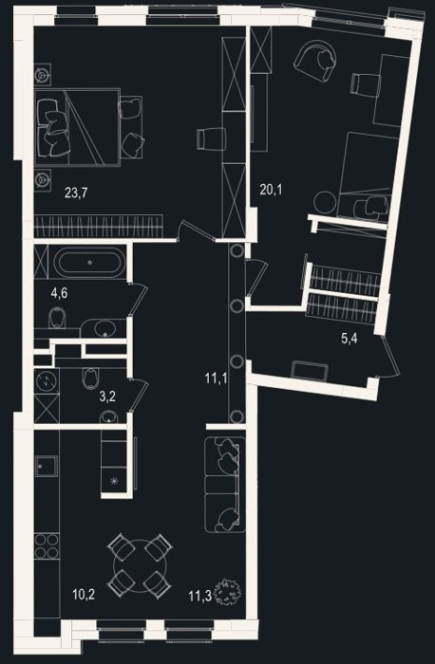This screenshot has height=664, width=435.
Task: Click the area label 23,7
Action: point(76,194)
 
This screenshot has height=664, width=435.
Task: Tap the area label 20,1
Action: point(271,190)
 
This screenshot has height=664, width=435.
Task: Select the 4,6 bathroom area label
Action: point(59,292)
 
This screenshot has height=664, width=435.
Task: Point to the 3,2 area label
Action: point(107,397)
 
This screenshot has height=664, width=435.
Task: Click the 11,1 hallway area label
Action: point(216,378)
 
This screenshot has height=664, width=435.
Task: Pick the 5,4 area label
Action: point(349,339)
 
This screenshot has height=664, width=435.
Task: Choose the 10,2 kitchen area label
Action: point(84,595)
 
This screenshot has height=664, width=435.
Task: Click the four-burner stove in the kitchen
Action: point(47,546)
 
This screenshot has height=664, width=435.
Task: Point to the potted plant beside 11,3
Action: point(228,594)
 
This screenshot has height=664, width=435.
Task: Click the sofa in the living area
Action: point(225,485)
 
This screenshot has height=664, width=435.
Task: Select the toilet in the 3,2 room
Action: point(90,378)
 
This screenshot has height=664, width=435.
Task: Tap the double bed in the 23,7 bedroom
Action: point(77,126)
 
